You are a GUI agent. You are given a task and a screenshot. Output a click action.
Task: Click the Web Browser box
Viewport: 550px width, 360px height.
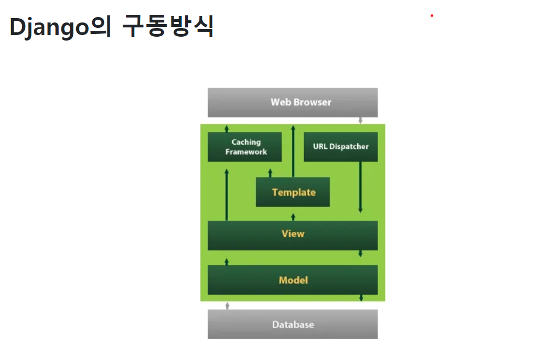(293, 102)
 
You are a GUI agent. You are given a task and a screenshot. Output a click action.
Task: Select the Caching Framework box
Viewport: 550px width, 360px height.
(244, 147)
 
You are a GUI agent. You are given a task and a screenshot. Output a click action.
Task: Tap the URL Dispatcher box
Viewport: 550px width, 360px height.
(340, 147)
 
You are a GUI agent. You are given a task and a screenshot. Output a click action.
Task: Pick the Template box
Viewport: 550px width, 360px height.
(293, 192)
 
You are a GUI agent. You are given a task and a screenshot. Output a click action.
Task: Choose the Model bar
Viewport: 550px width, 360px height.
(293, 280)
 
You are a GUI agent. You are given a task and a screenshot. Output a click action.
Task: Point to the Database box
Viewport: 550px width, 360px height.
(293, 324)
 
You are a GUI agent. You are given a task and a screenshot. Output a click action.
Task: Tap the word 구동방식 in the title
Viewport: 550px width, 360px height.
(168, 27)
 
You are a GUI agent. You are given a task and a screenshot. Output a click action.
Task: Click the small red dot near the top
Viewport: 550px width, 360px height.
(432, 16)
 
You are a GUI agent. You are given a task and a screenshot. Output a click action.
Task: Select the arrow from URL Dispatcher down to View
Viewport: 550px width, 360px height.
(360, 186)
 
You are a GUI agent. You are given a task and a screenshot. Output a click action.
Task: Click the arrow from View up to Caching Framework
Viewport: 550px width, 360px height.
(227, 195)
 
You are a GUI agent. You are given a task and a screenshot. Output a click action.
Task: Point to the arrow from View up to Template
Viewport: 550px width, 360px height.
(293, 216)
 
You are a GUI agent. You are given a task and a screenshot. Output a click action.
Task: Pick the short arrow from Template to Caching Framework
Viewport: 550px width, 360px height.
(270, 173)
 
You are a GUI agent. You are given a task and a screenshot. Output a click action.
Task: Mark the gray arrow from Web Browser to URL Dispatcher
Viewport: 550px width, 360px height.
(360, 120)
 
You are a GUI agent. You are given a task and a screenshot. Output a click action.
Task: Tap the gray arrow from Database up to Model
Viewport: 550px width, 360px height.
(227, 305)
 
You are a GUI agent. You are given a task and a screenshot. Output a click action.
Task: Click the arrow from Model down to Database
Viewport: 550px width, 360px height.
(360, 298)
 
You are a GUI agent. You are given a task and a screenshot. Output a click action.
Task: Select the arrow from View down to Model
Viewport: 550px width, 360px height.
(360, 253)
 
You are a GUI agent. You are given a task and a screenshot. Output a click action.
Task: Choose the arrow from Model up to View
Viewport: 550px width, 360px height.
(227, 261)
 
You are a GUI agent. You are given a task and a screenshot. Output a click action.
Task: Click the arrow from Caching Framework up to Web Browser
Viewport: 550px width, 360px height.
(227, 128)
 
